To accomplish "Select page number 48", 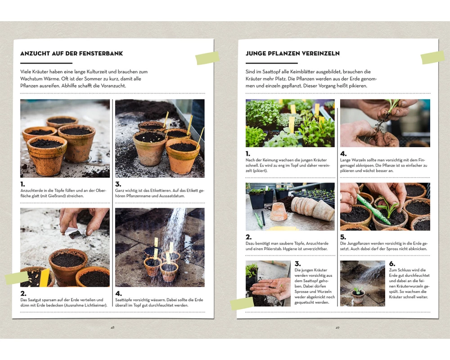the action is (x=112, y=328).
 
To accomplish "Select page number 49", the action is (x=337, y=328).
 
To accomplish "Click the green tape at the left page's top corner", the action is (x=207, y=58).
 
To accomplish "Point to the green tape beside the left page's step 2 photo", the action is (x=17, y=278).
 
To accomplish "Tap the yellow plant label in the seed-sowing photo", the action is (x=45, y=278).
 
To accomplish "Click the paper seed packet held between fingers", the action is (x=73, y=232).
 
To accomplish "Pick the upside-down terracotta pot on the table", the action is (x=279, y=211).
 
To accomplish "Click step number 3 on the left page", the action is (x=118, y=184).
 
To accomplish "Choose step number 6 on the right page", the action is (x=392, y=264).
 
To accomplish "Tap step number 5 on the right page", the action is (x=343, y=237).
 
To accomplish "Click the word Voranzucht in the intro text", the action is (x=113, y=85).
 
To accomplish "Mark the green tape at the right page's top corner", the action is (x=433, y=58).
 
